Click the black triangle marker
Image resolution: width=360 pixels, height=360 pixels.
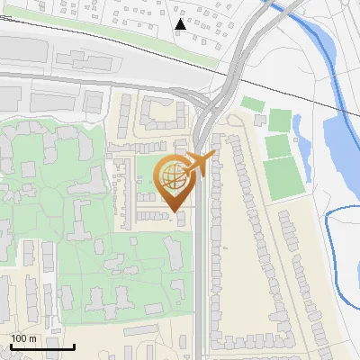180,24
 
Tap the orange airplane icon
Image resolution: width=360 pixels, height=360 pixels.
199,165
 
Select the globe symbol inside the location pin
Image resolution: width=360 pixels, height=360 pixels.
172,175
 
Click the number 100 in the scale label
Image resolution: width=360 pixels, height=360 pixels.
20,338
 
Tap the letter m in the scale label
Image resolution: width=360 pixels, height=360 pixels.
33,338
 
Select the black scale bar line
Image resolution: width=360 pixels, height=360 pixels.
42,346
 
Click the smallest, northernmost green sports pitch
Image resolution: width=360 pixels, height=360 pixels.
254,104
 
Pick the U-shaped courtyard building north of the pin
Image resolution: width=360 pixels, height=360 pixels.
163,113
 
